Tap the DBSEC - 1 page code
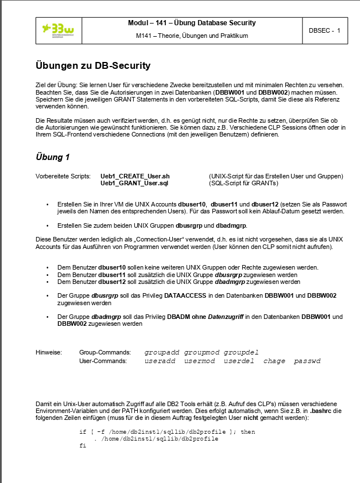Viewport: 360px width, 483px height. point(324,30)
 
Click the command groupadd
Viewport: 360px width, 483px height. point(162,352)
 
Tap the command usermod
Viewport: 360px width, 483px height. point(199,361)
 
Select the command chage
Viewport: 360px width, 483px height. point(274,361)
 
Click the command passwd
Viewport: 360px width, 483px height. point(307,361)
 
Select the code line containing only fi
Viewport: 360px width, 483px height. point(82,446)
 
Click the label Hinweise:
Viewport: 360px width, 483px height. point(49,352)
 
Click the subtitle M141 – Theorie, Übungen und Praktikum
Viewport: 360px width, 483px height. point(192,36)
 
